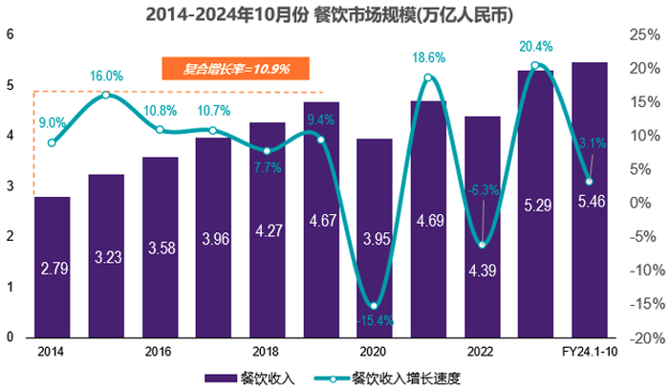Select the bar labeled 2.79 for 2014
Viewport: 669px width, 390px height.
coord(53,268)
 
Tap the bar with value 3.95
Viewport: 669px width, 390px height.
coord(374,239)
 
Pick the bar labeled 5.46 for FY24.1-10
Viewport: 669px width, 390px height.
coord(589,201)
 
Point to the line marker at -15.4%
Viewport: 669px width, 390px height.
coord(374,306)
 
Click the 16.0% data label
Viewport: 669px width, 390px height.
coord(106,76)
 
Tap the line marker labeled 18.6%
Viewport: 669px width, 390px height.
coord(428,77)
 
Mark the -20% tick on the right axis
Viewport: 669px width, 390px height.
coord(638,338)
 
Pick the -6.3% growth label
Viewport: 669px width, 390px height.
coord(484,190)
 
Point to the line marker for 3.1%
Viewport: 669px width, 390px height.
coord(589,182)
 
